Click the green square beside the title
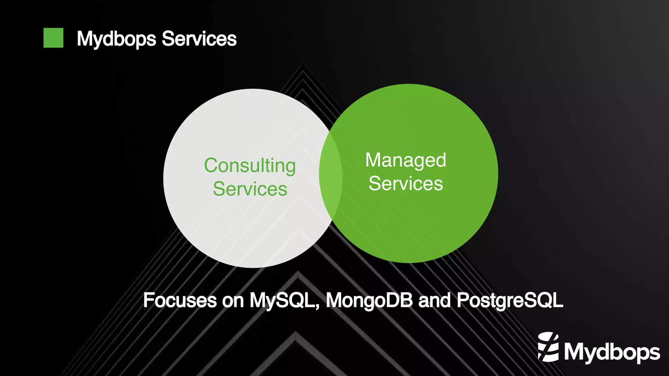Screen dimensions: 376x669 [x=53, y=38]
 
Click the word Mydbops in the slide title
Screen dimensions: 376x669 [x=117, y=39]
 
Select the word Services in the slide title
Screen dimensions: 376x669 [x=199, y=39]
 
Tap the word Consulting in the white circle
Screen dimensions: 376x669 [x=250, y=166]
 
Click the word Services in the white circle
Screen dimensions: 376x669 [x=250, y=189]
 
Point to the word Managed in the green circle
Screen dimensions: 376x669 [x=405, y=160]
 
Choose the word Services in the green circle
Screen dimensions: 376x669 [x=405, y=183]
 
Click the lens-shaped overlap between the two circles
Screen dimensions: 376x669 [x=331, y=176]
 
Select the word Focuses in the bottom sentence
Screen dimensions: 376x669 [x=180, y=300]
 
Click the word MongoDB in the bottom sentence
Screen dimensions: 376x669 [x=369, y=300]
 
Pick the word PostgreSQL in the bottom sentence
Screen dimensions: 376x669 [x=510, y=301]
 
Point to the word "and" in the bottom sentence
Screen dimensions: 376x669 [x=434, y=300]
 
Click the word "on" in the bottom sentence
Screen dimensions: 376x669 [x=233, y=301]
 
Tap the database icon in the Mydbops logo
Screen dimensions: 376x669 [x=548, y=347]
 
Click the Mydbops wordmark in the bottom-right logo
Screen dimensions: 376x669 [x=612, y=352]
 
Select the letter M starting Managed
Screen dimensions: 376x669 [x=374, y=160]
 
